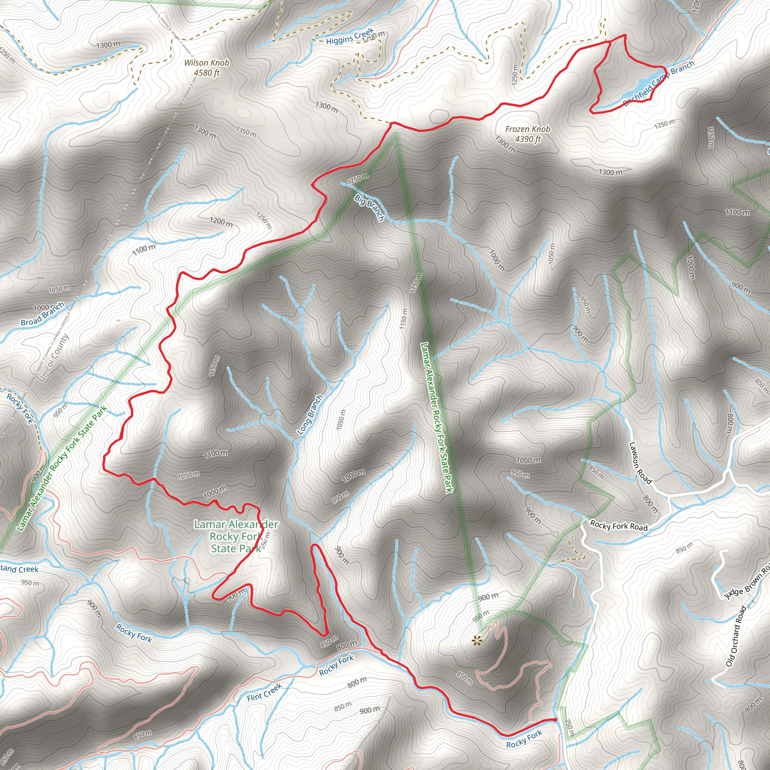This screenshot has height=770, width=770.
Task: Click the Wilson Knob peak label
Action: click(206, 62)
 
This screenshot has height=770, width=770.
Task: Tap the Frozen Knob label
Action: click(527, 129)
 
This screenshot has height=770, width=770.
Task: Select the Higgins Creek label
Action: click(350, 36)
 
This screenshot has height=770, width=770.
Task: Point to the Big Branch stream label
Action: click(370, 208)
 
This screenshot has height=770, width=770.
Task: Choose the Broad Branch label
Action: click(42, 314)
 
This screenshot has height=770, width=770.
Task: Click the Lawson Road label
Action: click(640, 463)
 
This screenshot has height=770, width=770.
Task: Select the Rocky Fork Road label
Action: click(618, 526)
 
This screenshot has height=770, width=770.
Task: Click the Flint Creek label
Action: click(264, 692)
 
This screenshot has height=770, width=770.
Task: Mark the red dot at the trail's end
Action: click(555, 719)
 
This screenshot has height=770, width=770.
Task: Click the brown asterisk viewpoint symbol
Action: click(477, 640)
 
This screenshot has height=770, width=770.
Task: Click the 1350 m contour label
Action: click(246, 132)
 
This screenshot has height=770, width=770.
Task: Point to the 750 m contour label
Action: click(570, 728)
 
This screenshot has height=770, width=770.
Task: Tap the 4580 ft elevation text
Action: click(206, 73)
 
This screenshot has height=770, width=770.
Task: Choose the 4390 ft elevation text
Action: click(527, 139)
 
